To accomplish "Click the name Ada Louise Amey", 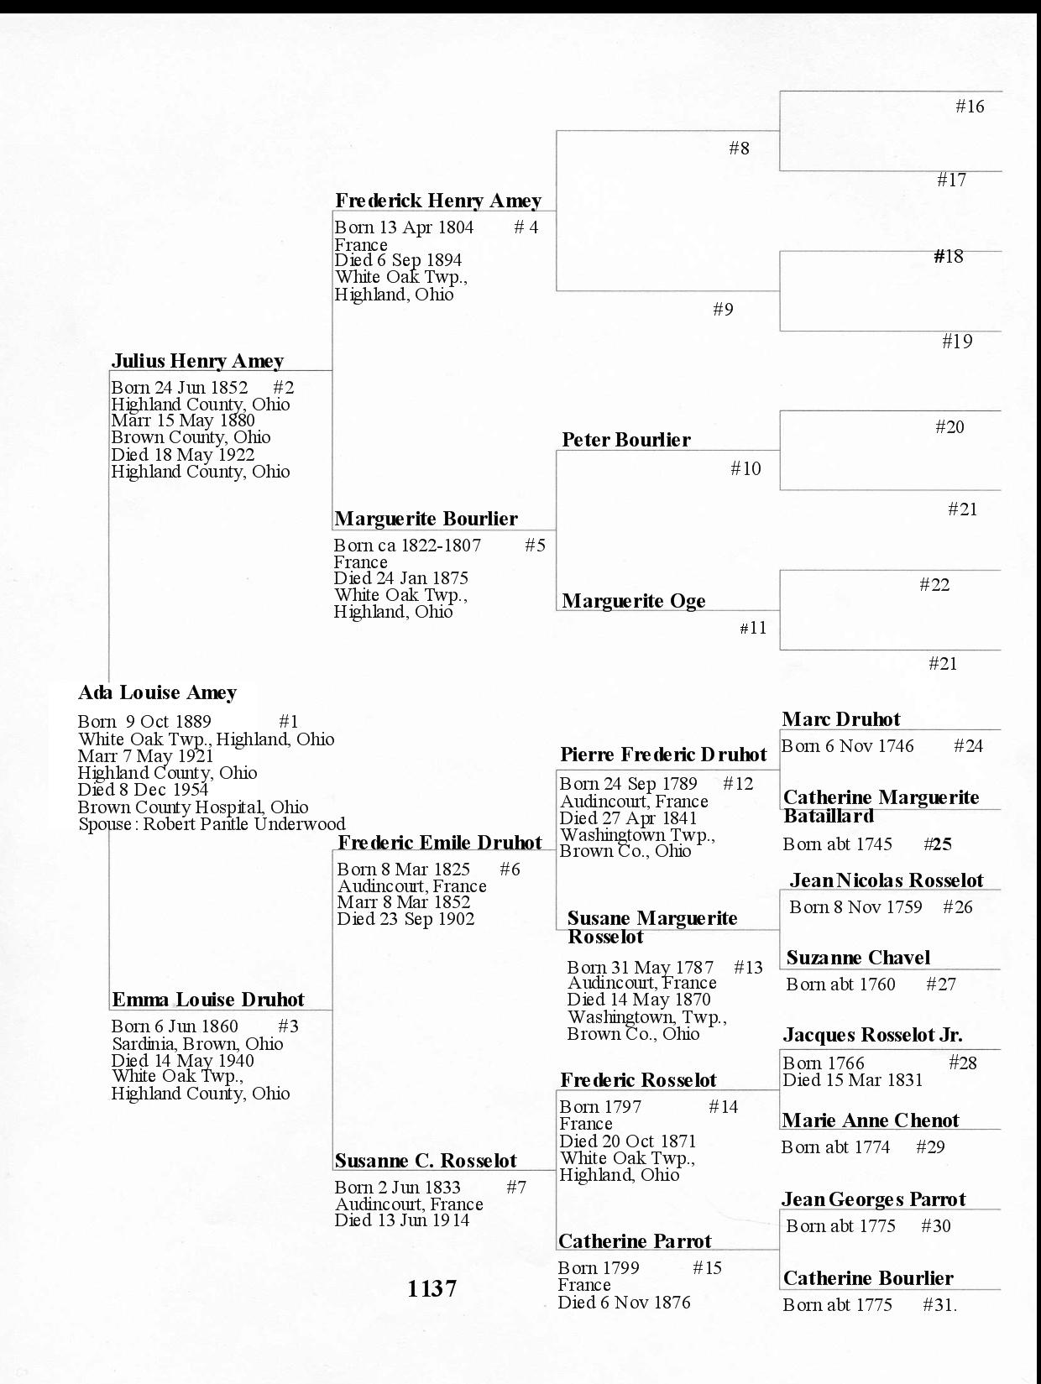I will click(x=157, y=693).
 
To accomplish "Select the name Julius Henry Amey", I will click(x=197, y=361).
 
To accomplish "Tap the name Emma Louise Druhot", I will click(x=207, y=1000).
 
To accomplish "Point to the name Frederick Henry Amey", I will click(x=437, y=201).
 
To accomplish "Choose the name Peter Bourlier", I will click(x=625, y=440).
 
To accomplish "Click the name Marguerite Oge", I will click(x=633, y=601).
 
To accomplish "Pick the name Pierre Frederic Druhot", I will click(x=663, y=755).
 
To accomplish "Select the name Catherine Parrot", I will click(x=634, y=1241).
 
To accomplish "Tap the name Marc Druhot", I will click(x=840, y=719).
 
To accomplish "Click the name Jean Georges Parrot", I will click(x=873, y=1199).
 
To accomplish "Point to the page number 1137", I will click(x=432, y=1288).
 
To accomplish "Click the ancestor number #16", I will click(x=970, y=107).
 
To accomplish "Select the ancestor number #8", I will click(x=739, y=149).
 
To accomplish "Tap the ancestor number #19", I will click(x=957, y=342).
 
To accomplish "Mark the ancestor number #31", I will click(x=939, y=1305).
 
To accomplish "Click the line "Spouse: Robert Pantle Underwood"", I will click(x=212, y=824).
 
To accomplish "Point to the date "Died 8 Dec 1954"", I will click(x=143, y=790).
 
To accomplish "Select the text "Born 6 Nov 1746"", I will click(x=847, y=746).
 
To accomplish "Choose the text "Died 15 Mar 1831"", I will click(x=852, y=1080).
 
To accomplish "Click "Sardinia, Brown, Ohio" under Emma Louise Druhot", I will click(x=197, y=1044).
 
